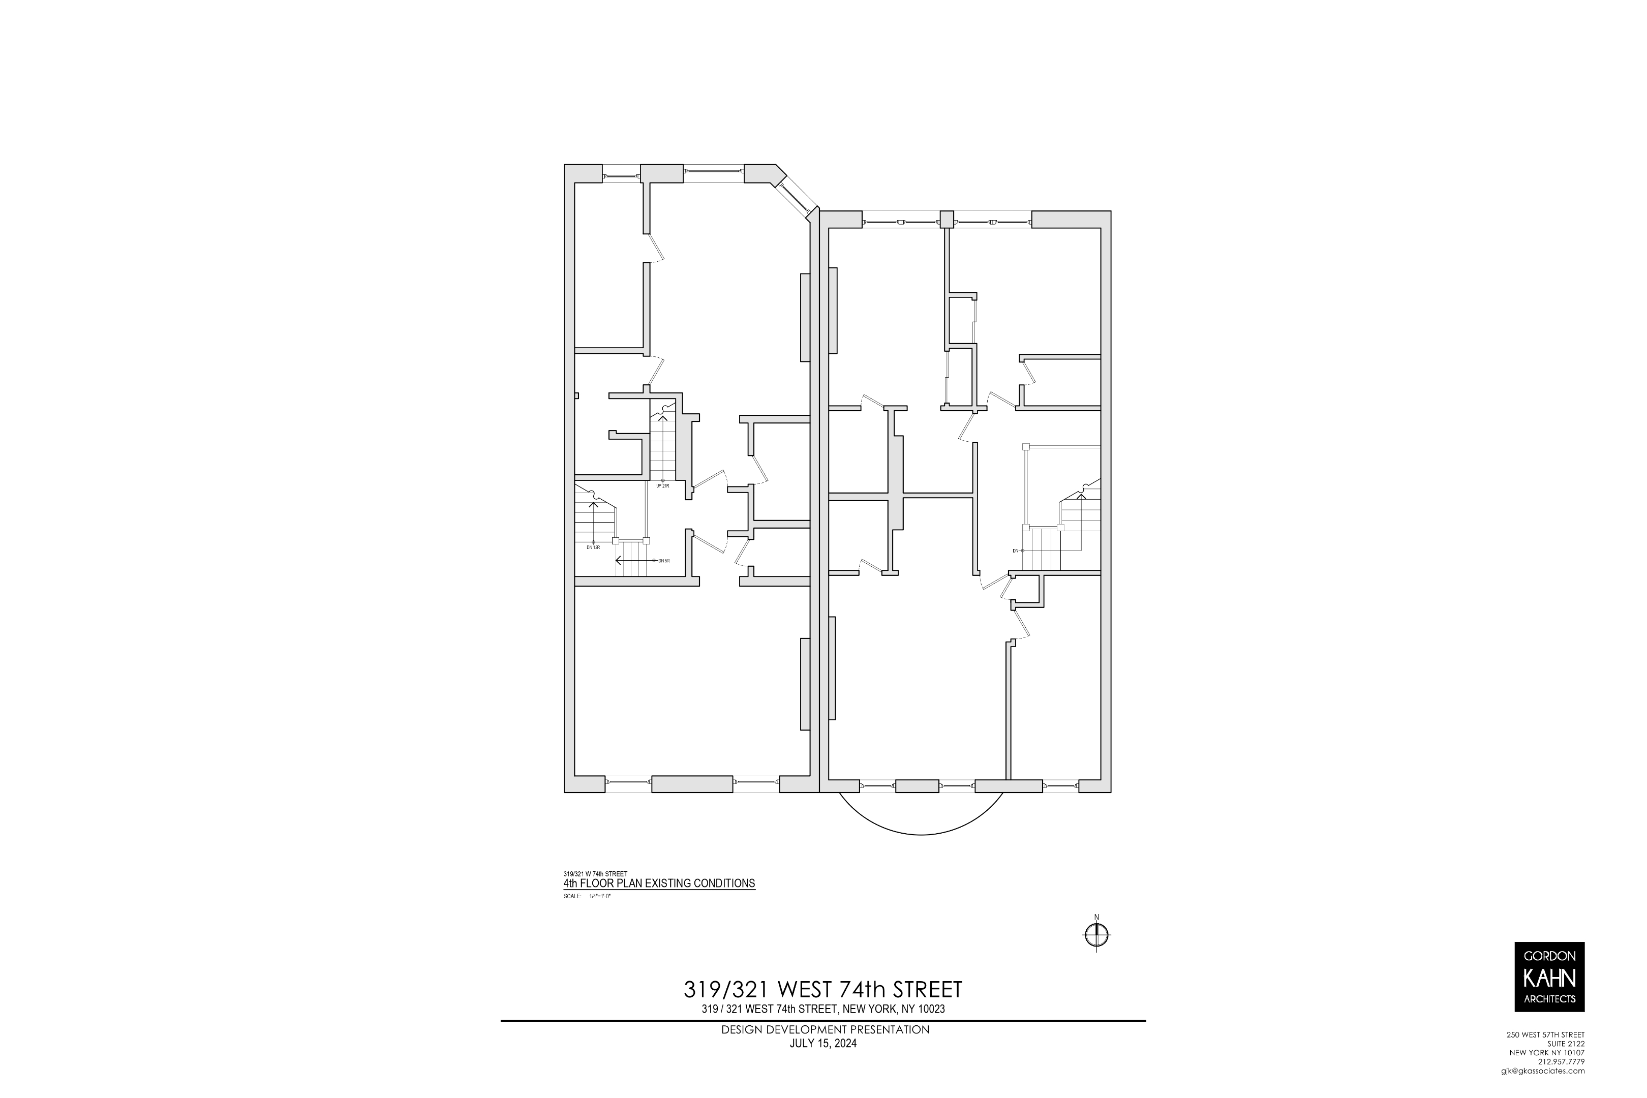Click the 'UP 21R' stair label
pyautogui.click(x=662, y=485)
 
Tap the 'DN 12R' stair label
pyautogui.click(x=593, y=547)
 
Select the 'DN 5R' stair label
pyautogui.click(x=664, y=561)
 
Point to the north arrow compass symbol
pyautogui.click(x=1096, y=935)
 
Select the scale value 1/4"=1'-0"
pyautogui.click(x=600, y=896)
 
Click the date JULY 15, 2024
pyautogui.click(x=823, y=1063)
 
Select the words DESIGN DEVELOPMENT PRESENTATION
pyautogui.click(x=825, y=1049)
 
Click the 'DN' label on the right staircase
pyautogui.click(x=1015, y=551)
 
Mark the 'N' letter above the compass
pyautogui.click(x=1096, y=918)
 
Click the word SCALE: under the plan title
pyautogui.click(x=571, y=896)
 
